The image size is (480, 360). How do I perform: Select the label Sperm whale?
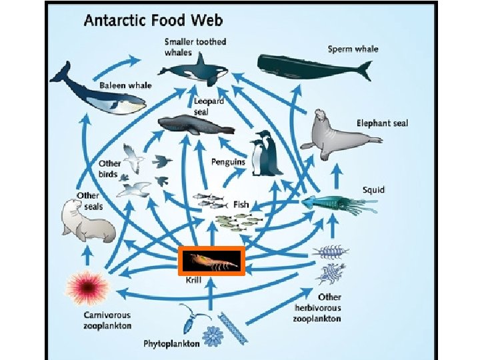point(353,49)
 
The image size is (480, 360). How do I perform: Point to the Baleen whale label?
point(126,86)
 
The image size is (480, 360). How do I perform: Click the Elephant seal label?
point(382,123)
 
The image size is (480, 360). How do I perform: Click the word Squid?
point(373,190)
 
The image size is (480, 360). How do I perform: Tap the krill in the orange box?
point(212,261)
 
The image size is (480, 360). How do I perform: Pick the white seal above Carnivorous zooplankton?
point(87,221)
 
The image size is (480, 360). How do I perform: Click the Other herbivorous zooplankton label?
point(317,307)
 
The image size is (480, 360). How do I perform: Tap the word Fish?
point(241,203)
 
